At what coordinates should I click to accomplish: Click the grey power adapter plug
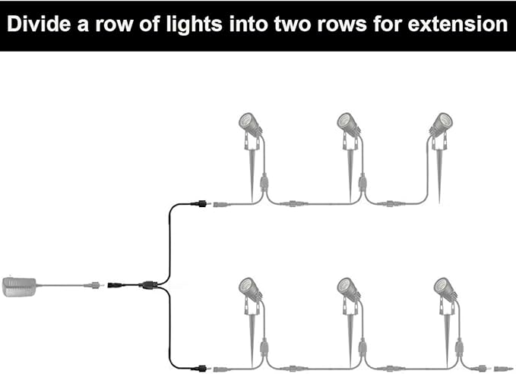click(x=21, y=286)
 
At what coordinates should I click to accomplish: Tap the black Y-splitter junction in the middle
click(x=148, y=286)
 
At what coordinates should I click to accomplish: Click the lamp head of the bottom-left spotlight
click(x=249, y=287)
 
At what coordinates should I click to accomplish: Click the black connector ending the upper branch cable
click(x=201, y=203)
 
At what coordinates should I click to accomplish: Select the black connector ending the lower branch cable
click(x=201, y=368)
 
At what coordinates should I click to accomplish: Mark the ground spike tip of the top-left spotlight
click(x=253, y=199)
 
